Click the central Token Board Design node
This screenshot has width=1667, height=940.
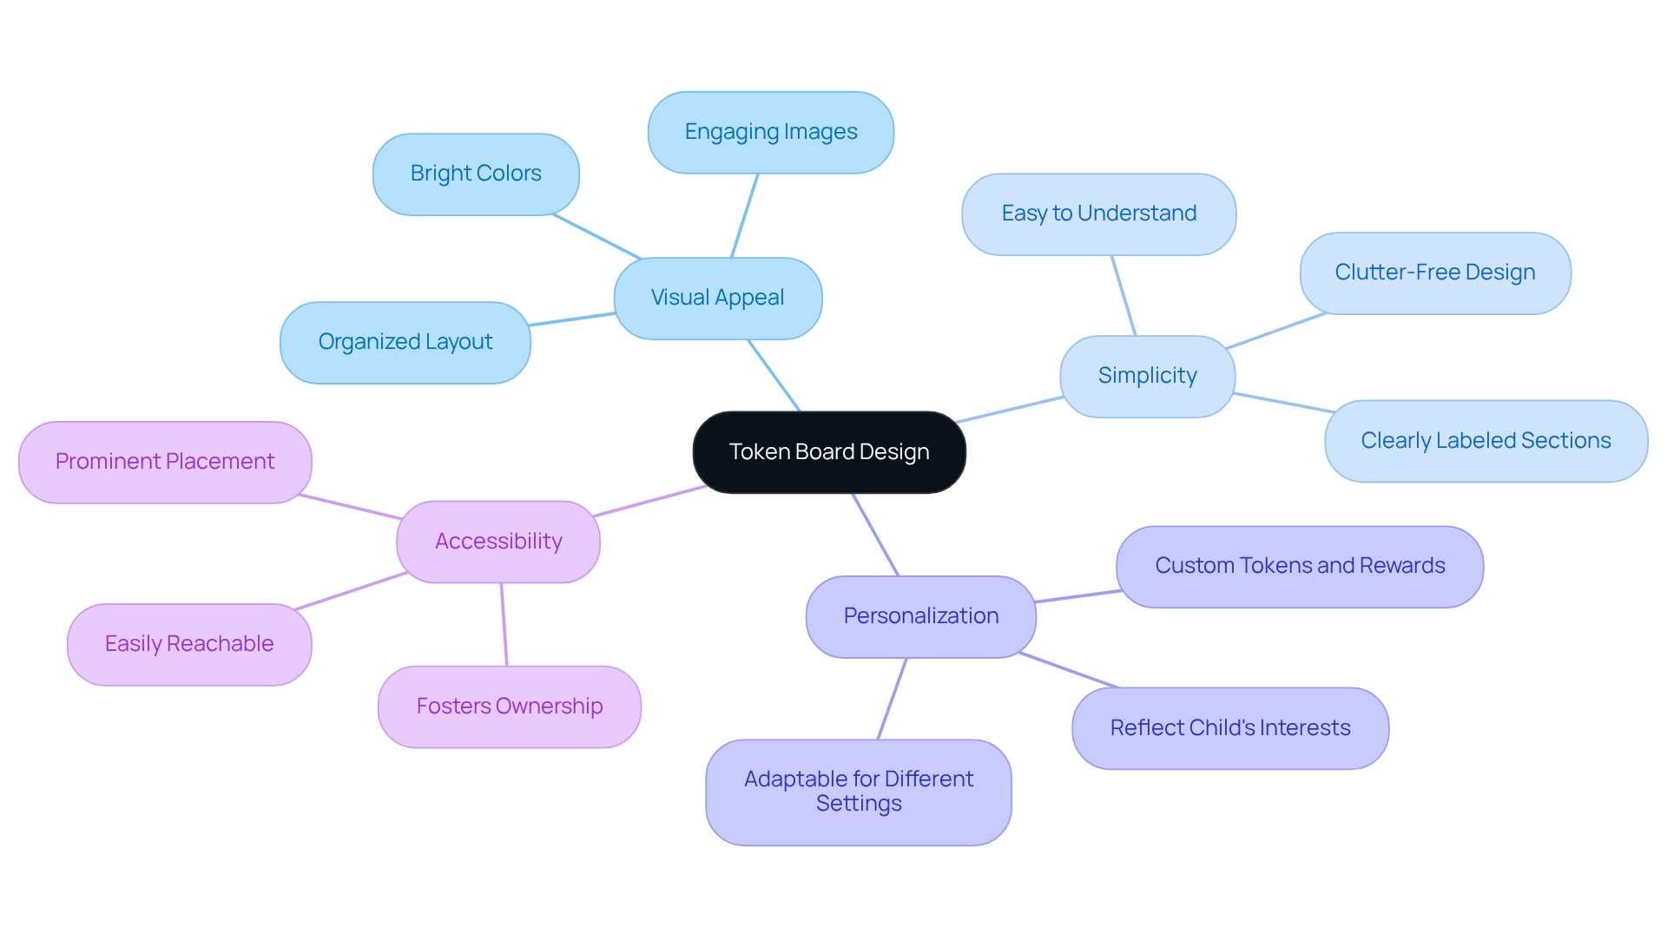829,452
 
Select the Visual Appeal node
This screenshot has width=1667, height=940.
718,298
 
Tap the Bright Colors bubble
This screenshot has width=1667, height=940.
476,174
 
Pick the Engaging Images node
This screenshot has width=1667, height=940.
771,132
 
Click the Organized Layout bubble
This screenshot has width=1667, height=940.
405,342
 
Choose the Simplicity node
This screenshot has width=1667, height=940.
1147,376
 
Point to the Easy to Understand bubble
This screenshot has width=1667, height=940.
1098,214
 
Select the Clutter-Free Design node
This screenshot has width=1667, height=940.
1435,273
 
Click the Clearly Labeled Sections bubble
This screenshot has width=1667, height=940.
1486,441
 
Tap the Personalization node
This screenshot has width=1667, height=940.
921,616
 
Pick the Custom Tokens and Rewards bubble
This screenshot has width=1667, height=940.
1300,566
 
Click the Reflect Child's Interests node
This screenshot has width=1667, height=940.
1230,728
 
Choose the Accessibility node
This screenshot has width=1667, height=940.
498,542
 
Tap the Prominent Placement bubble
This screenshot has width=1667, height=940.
165,462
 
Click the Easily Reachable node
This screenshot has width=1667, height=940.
189,644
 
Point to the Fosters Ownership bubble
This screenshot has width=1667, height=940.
510,707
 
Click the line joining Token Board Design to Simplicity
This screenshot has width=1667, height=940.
1010,410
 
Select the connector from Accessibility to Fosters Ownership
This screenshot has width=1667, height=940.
504,625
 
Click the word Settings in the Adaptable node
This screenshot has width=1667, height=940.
859,805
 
